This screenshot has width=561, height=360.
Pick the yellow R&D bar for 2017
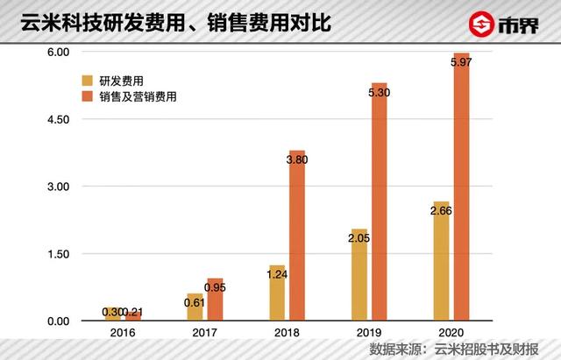tap(194, 307)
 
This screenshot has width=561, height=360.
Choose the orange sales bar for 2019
tap(379, 202)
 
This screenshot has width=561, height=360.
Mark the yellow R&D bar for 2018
tap(276, 293)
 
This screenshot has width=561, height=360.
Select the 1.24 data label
tap(277, 273)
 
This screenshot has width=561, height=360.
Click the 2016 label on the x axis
tap(122, 333)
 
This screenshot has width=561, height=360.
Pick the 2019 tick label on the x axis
tap(369, 333)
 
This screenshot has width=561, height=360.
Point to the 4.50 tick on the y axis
tap(54, 120)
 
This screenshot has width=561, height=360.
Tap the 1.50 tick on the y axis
tap(54, 254)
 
